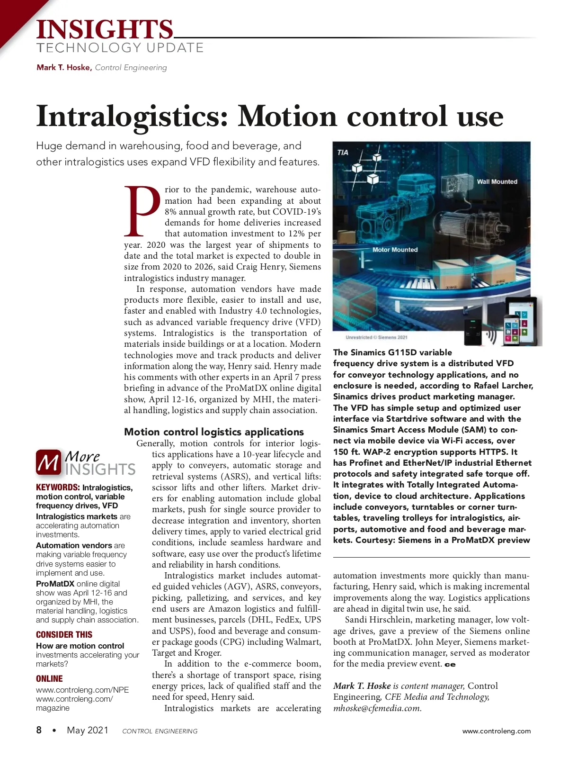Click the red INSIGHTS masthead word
[105, 29]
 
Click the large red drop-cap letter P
[142, 211]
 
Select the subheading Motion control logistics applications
[214, 432]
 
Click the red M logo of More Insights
[48, 462]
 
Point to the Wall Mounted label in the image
[497, 181]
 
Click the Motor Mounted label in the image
[395, 250]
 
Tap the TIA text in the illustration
[343, 153]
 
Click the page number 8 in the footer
[39, 730]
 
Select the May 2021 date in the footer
[88, 730]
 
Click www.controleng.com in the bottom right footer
[497, 731]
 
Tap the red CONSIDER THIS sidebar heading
[64, 634]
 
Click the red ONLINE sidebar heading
[49, 678]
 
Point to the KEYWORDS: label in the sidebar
[58, 487]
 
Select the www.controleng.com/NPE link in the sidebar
[82, 690]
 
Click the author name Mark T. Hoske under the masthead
[64, 67]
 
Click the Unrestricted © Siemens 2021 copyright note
[376, 337]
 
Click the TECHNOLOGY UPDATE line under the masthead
[120, 48]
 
